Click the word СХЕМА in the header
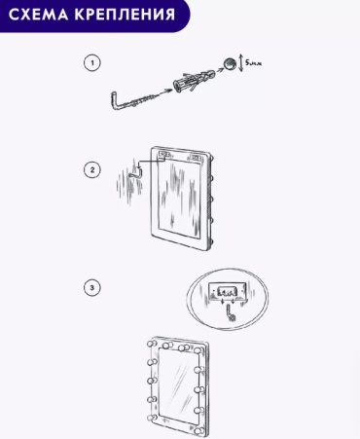[38, 15]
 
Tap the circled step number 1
[92, 62]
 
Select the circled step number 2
[92, 170]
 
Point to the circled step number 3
[92, 287]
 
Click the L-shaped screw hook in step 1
[129, 103]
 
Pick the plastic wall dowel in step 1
[194, 80]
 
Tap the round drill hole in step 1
[229, 63]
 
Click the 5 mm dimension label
[253, 62]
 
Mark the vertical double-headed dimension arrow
[240, 63]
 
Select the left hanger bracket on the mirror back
[163, 153]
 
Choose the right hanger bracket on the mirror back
[196, 158]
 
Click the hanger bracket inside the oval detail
[227, 291]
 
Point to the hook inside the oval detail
[231, 313]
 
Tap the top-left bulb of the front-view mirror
[152, 344]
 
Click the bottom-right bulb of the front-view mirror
[200, 431]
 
